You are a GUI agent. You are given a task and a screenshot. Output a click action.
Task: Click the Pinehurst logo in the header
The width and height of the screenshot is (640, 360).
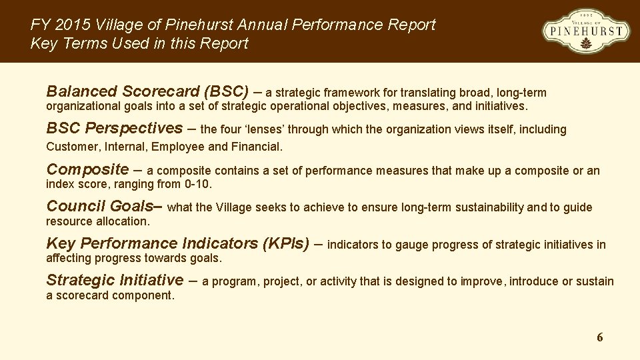586,31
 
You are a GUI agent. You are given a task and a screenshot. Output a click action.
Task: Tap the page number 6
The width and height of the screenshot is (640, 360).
599,337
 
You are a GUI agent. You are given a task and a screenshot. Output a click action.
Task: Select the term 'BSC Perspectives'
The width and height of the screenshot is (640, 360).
114,128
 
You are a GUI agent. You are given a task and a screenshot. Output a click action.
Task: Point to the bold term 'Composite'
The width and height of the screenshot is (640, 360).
87,169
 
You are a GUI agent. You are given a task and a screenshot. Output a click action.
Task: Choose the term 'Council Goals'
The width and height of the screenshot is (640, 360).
100,206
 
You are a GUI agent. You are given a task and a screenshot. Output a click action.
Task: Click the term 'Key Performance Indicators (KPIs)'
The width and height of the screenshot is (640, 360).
177,243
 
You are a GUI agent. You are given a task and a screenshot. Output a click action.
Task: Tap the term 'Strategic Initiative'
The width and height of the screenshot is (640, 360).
114,280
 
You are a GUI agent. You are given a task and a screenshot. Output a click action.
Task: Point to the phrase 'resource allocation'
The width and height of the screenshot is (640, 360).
97,221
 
